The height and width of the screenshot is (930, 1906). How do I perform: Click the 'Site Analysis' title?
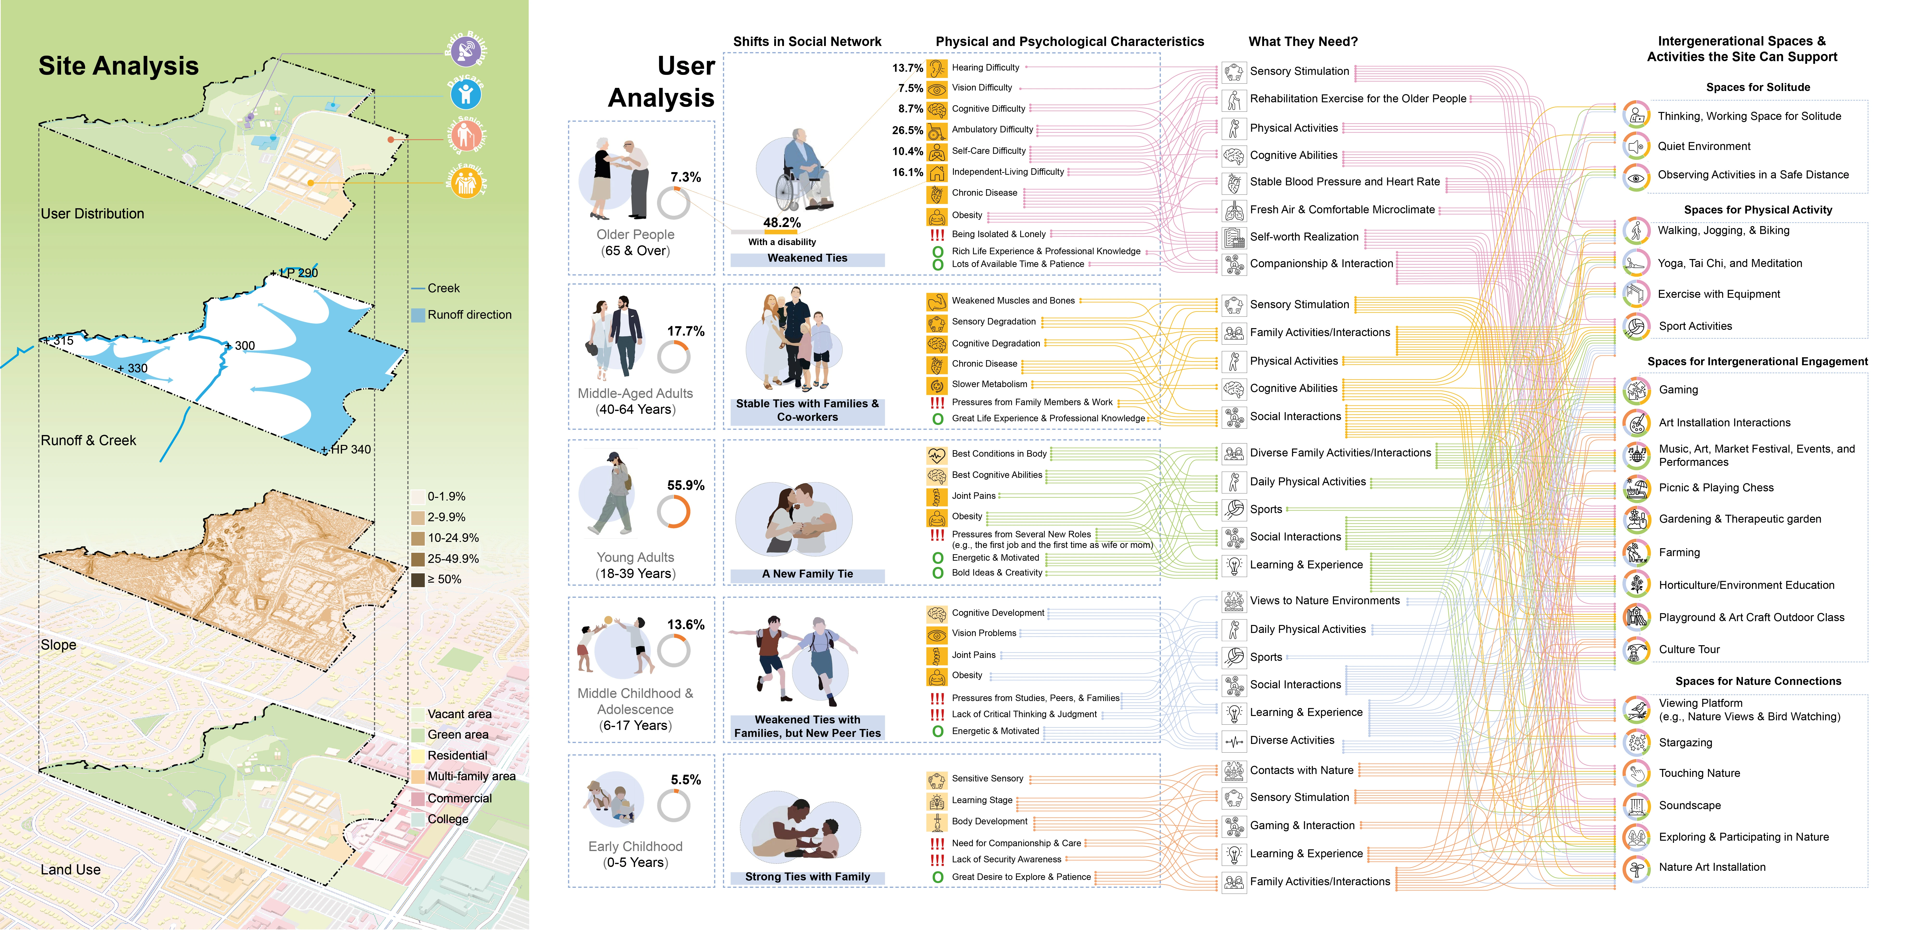(118, 66)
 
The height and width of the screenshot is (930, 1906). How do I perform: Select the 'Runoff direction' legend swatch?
(418, 314)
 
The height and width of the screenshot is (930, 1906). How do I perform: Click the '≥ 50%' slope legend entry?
(418, 579)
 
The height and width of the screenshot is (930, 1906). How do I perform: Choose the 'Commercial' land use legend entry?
(459, 798)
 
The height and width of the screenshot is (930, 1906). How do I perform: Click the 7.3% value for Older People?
(685, 177)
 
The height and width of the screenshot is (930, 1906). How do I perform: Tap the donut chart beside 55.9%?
(673, 511)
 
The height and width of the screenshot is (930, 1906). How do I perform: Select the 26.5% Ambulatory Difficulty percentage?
(907, 130)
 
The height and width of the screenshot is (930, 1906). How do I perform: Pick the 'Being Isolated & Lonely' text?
(998, 234)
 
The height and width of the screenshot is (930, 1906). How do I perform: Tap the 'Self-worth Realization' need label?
(1304, 237)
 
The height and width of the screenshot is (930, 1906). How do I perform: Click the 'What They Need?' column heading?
(1303, 41)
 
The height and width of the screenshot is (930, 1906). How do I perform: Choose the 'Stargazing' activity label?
(1685, 743)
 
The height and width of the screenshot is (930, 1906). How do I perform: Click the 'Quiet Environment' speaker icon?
(1636, 146)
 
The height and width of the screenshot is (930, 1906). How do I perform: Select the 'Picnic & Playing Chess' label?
(1716, 488)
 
